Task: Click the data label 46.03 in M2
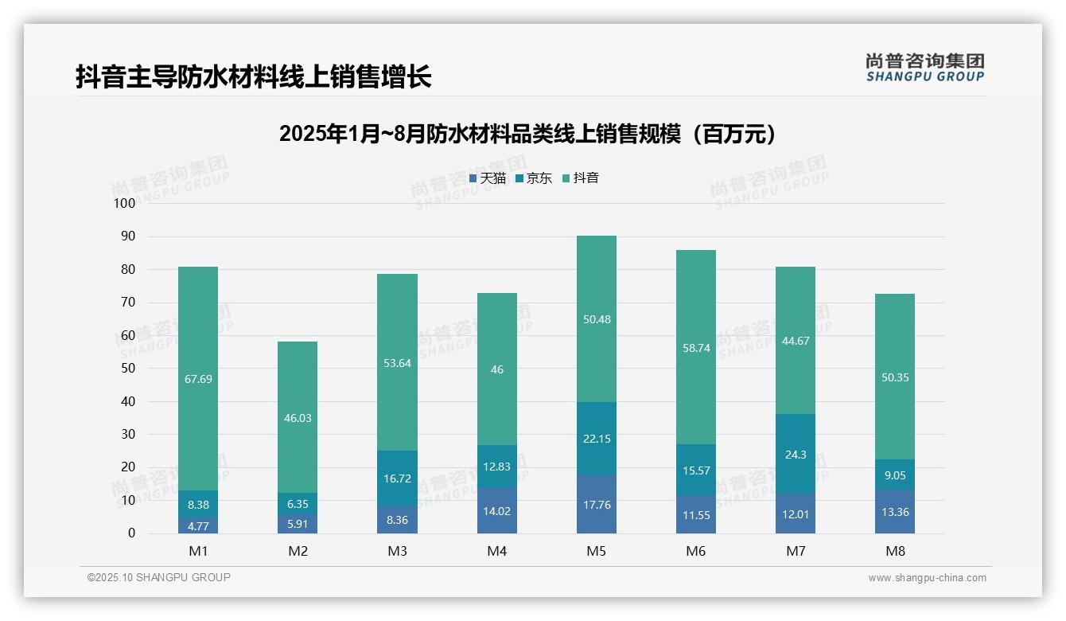[298, 418]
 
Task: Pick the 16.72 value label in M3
[397, 478]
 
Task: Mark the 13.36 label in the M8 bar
[895, 512]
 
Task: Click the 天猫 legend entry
[488, 178]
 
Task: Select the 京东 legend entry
[534, 178]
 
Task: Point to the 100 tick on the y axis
[125, 203]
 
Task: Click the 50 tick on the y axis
[128, 369]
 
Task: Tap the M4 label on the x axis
[496, 551]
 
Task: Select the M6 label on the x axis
[696, 551]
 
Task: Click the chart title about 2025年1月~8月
[527, 134]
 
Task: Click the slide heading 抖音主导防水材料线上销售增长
[254, 77]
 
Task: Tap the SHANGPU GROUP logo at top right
[924, 67]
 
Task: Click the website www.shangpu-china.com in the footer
[927, 578]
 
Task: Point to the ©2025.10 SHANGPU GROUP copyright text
[159, 578]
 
